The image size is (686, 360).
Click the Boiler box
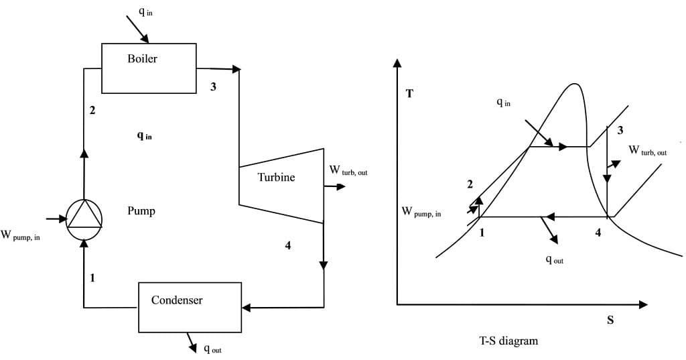click(149, 68)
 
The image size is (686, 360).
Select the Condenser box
click(190, 307)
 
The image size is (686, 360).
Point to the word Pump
click(141, 211)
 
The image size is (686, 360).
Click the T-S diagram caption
click(508, 341)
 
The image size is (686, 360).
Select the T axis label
click(409, 94)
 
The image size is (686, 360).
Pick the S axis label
click(610, 320)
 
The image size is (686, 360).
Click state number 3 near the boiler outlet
click(213, 86)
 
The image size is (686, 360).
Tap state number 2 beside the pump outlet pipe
click(92, 111)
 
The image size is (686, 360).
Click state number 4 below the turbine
click(287, 245)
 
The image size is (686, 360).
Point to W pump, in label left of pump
click(20, 235)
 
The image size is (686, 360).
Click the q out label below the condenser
click(212, 349)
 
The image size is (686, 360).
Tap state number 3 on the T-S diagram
click(620, 129)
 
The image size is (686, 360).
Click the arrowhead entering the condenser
click(246, 308)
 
